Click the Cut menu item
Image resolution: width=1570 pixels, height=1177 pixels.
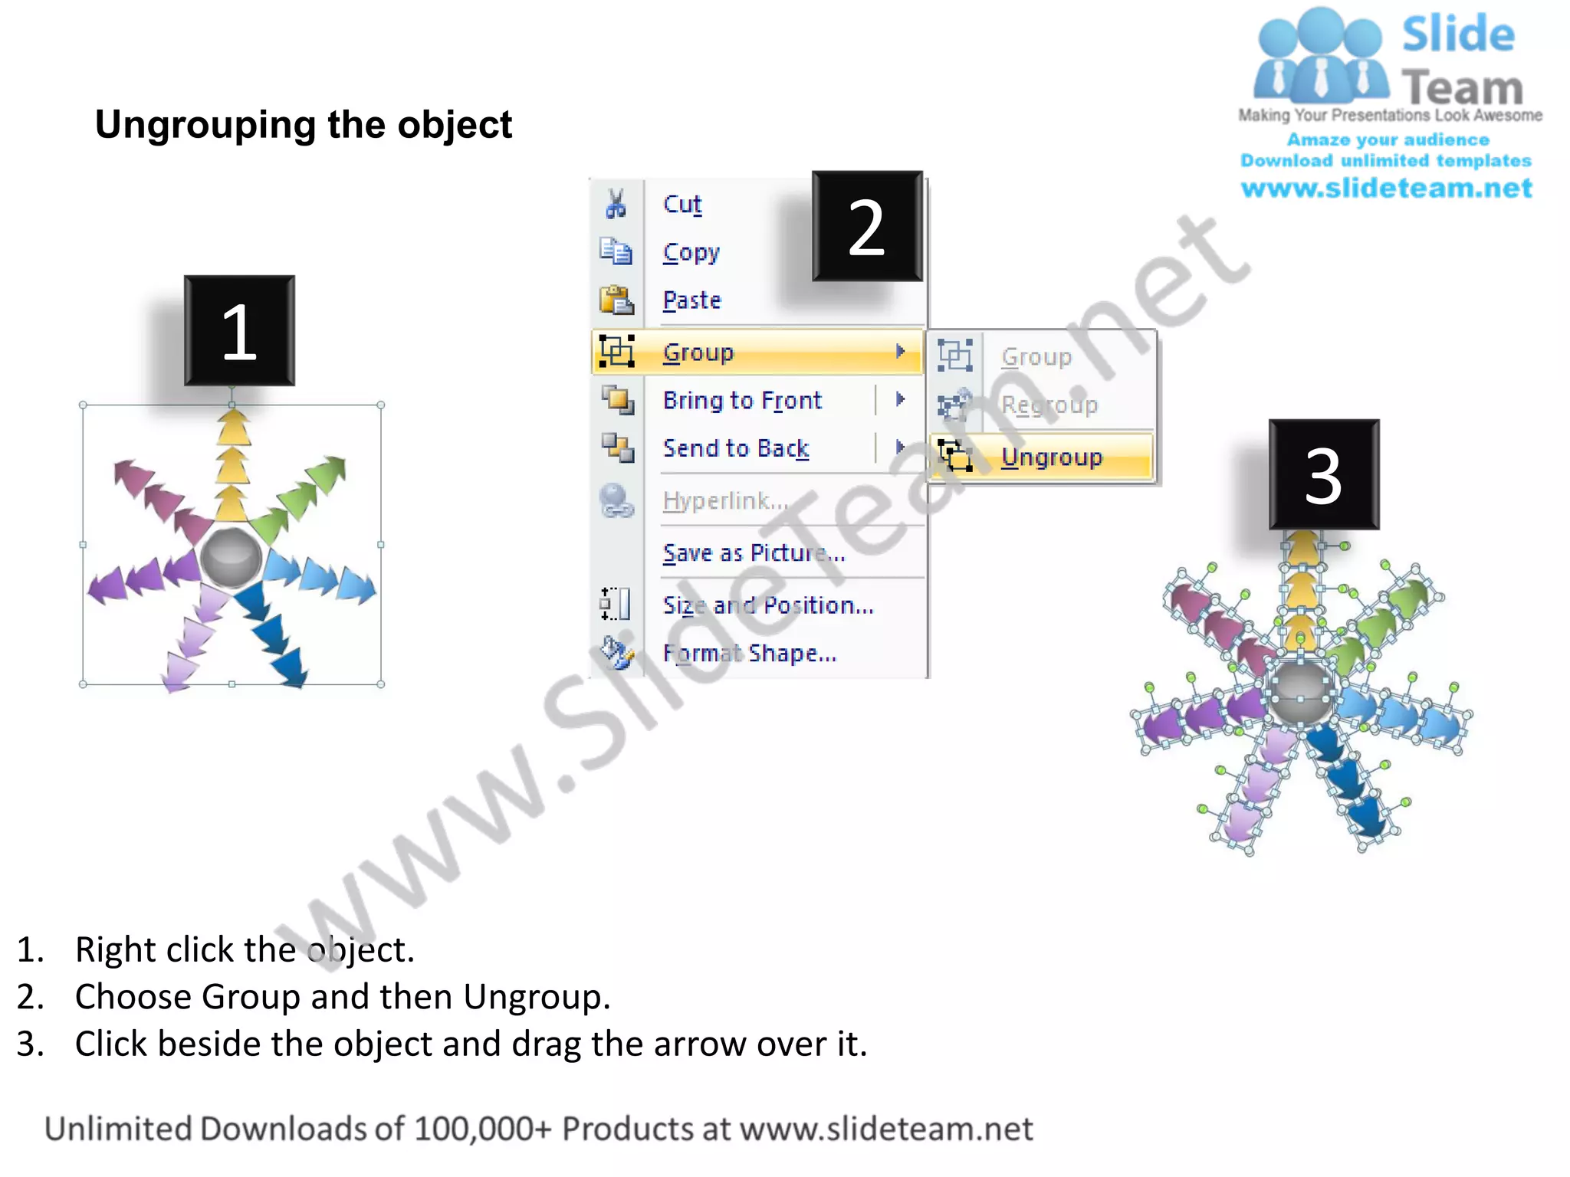coord(682,205)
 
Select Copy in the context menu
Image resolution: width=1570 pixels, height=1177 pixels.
coord(691,252)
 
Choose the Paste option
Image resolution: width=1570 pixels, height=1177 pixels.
coord(691,300)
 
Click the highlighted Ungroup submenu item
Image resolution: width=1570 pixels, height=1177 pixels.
coord(1051,457)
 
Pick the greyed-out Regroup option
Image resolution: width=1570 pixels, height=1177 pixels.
coord(1049,405)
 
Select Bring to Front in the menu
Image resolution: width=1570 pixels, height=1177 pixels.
coord(742,400)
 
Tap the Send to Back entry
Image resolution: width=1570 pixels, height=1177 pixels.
coord(736,448)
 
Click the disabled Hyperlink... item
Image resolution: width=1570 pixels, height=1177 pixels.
coord(725,500)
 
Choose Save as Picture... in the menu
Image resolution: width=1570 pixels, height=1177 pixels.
coord(754,552)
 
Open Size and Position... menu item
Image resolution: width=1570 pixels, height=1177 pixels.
coord(768,605)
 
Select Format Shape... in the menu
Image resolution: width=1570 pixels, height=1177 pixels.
coord(750,654)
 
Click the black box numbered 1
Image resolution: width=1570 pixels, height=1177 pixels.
coord(239,331)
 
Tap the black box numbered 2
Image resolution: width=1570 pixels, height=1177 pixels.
coord(867,227)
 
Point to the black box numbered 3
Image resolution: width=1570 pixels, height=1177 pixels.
coord(1324,475)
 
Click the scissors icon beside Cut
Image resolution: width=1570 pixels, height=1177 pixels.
coord(616,204)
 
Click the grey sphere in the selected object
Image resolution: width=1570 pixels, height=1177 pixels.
coord(231,557)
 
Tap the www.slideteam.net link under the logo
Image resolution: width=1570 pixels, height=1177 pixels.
coord(1386,189)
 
